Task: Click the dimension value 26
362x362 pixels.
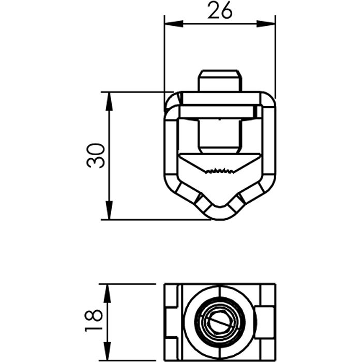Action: (x=220, y=10)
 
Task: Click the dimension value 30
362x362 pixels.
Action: (x=96, y=156)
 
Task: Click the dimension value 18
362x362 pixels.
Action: (x=94, y=321)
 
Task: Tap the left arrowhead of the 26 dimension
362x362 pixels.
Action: (x=174, y=24)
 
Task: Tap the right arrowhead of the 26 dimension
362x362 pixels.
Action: (x=266, y=24)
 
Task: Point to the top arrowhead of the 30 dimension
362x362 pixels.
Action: (x=109, y=101)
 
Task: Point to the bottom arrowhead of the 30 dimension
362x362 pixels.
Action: (x=109, y=210)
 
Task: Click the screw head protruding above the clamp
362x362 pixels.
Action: (x=220, y=80)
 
